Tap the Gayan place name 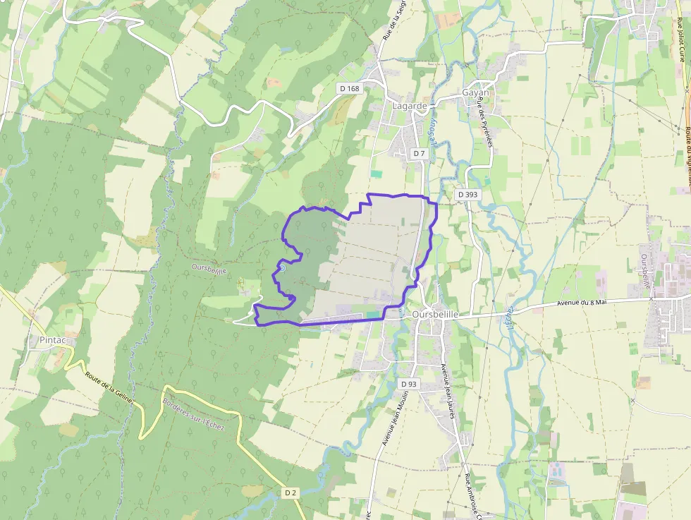[475, 93]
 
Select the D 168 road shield [349, 88]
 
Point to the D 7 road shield [419, 153]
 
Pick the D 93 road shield [408, 384]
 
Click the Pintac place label [53, 340]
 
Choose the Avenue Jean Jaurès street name [447, 396]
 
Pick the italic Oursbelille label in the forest [209, 269]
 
